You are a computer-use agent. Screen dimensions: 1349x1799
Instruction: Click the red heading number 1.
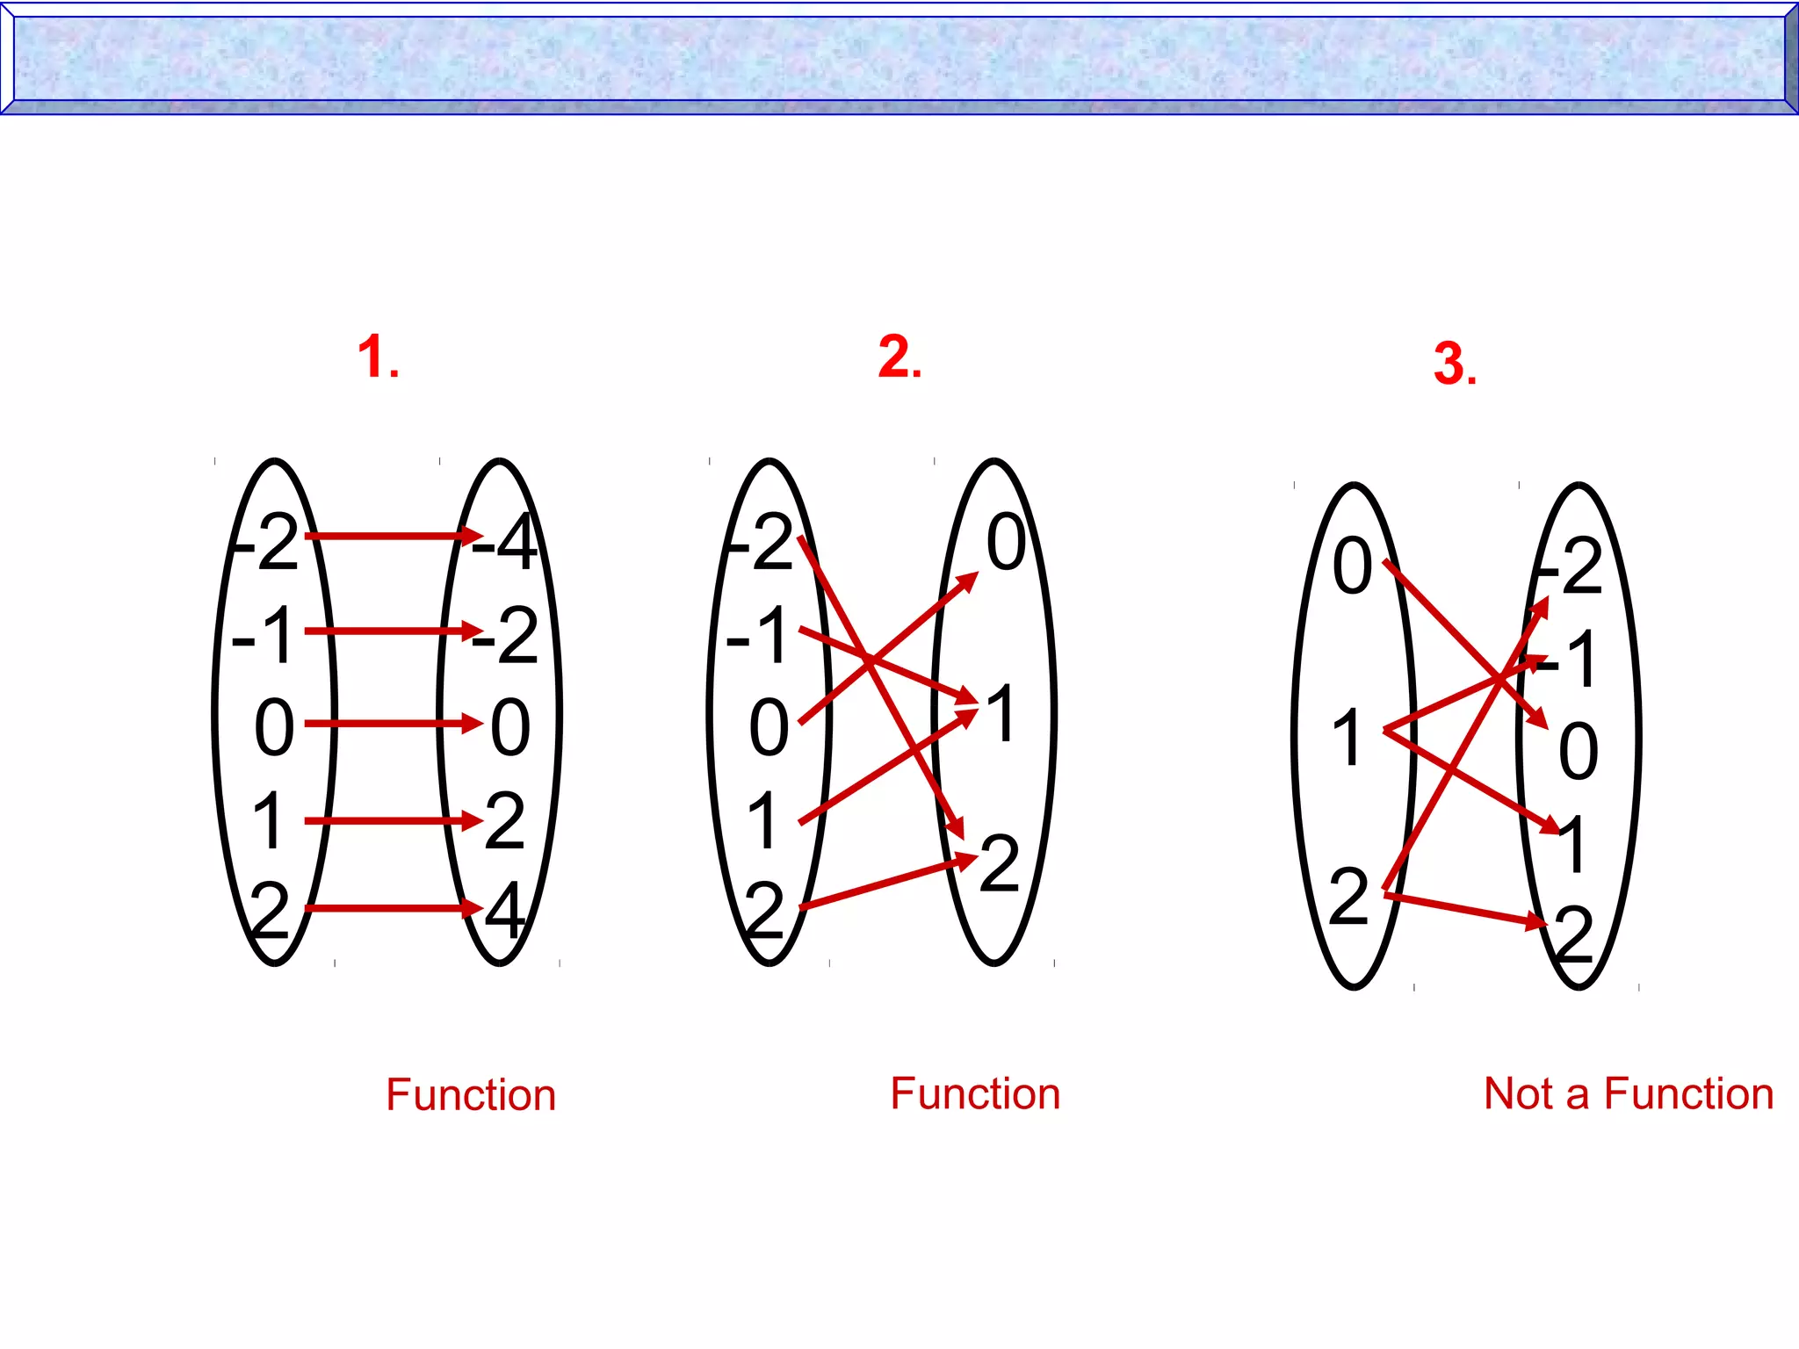(378, 357)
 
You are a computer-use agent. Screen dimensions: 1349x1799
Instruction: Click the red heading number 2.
(899, 357)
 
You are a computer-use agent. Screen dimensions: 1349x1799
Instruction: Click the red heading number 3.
(1454, 364)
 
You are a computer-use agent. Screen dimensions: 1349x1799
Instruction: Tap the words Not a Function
(1628, 1094)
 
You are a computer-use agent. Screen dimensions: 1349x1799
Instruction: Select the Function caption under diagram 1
(471, 1095)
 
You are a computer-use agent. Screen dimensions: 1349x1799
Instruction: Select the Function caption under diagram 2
(975, 1094)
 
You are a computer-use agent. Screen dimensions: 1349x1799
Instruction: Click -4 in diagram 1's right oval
(506, 544)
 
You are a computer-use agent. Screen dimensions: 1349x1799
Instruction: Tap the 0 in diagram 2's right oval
(1006, 542)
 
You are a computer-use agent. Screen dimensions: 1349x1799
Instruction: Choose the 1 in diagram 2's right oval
(1001, 713)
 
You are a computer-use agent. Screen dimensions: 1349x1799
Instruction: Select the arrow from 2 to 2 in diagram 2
(887, 882)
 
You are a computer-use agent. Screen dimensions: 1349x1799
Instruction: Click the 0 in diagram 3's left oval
(1352, 566)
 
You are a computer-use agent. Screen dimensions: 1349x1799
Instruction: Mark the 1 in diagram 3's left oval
(1347, 738)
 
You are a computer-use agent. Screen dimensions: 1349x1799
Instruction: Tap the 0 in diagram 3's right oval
(1578, 752)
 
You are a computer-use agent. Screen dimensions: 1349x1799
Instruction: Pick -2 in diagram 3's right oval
(1571, 567)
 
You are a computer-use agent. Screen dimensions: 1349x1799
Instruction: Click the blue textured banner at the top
(899, 58)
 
